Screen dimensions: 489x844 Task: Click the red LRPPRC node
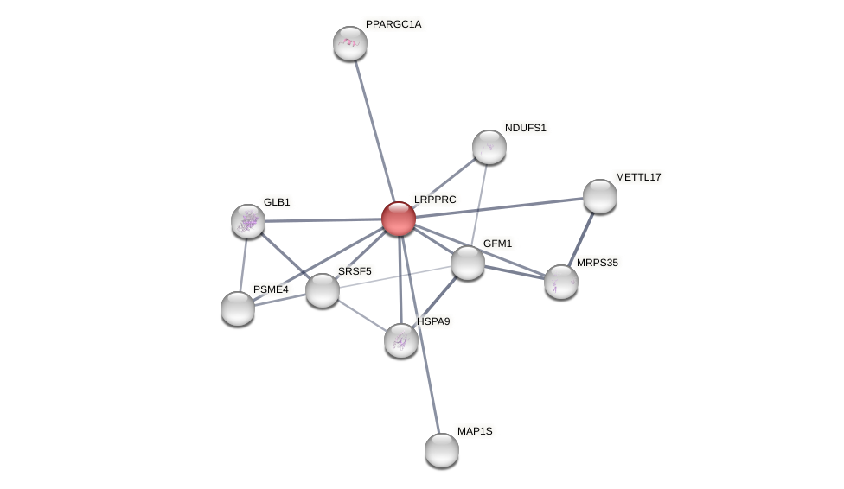[x=399, y=219]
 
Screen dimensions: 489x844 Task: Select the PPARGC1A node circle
[x=350, y=43]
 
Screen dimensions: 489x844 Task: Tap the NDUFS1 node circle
[x=489, y=147]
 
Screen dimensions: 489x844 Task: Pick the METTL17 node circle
[x=600, y=196]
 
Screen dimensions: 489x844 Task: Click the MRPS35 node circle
[x=561, y=282]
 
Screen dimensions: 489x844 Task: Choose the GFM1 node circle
[x=468, y=263]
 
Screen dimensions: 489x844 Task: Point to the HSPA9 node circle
[x=401, y=340]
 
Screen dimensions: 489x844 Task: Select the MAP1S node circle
[x=442, y=450]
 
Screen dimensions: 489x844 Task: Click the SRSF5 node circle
[x=323, y=290]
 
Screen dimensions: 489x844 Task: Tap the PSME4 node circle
[x=238, y=308]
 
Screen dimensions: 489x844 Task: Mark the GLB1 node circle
[x=248, y=221]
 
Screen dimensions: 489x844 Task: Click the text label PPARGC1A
[x=393, y=24]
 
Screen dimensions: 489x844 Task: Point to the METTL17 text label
[x=638, y=177]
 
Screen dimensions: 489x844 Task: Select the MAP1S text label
[x=475, y=431]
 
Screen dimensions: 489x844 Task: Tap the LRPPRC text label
[x=435, y=200]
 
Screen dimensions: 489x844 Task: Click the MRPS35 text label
[x=598, y=263]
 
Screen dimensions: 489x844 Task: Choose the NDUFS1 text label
[x=526, y=128]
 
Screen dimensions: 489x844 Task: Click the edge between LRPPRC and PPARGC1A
[x=374, y=130]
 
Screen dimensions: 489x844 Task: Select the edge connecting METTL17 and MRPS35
[x=581, y=238]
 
